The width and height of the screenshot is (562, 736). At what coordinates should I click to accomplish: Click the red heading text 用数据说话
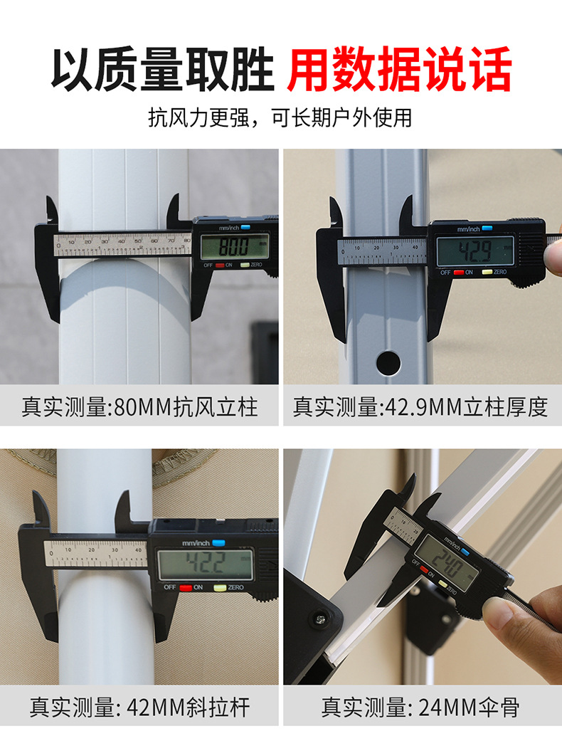point(399,69)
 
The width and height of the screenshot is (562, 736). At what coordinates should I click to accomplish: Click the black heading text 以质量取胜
point(162,69)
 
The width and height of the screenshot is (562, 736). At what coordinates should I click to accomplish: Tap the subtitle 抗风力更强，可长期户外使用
point(280,117)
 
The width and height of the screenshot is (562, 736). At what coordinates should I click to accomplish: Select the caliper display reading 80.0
point(234,247)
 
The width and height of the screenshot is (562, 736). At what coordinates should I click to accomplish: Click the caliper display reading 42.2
point(205,564)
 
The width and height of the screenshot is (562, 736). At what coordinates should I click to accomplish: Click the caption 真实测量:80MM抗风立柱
point(139,407)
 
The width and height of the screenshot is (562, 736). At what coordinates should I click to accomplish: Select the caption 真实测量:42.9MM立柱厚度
point(420,407)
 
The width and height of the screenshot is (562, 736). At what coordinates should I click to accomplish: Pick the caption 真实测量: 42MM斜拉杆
point(139,708)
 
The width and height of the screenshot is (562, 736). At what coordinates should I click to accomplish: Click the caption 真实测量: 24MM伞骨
point(420,708)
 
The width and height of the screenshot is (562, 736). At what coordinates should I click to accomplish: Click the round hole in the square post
point(388,363)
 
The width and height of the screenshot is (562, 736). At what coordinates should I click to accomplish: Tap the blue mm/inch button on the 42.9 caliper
point(486,229)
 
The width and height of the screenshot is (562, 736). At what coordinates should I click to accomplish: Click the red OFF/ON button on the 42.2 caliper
point(187,587)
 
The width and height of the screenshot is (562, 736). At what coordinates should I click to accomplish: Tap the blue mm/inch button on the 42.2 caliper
point(217,542)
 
